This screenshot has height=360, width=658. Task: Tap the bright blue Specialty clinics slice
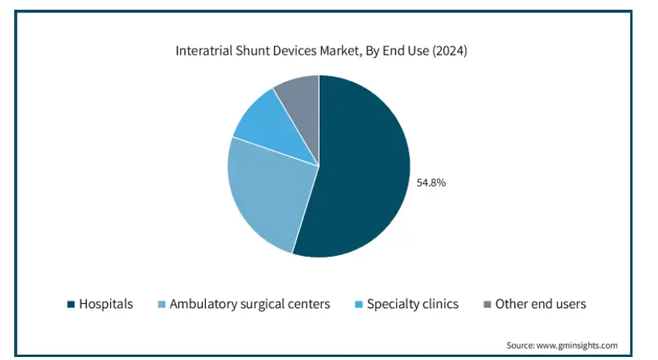[277, 128]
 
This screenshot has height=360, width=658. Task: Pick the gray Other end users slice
[302, 105]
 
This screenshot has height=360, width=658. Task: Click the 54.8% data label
[431, 183]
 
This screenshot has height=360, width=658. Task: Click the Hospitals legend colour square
[71, 304]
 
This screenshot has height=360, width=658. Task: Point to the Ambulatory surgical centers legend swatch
[162, 304]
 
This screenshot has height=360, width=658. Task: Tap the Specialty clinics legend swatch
[359, 304]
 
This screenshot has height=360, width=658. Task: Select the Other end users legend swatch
[487, 304]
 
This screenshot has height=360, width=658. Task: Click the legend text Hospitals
[106, 304]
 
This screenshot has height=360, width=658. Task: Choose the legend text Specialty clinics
[412, 304]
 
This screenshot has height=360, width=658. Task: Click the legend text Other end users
[540, 304]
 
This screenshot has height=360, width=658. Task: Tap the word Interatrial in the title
[204, 51]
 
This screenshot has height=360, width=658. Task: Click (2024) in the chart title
[449, 51]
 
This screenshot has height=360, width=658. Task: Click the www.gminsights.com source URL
[577, 345]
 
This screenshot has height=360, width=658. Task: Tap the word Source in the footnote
[520, 345]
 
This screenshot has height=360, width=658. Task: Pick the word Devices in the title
[296, 51]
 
